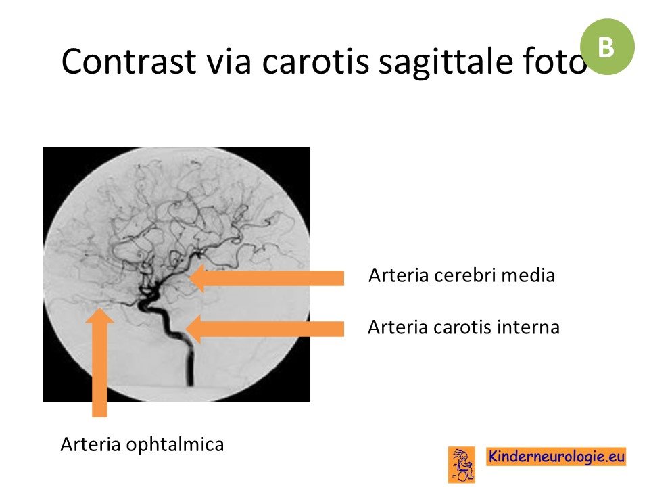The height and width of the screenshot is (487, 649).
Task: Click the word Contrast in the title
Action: pos(128,62)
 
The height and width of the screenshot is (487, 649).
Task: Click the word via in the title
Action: pos(229,62)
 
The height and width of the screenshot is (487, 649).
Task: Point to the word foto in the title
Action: pos(550,62)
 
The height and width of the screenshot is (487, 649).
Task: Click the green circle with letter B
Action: pos(607,47)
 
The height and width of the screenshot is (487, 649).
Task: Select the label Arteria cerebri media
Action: pos(462,275)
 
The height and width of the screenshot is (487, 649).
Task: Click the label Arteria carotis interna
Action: pos(464,327)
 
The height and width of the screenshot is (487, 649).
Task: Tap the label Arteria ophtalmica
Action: pos(142,445)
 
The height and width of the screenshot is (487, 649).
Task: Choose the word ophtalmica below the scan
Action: pos(174,445)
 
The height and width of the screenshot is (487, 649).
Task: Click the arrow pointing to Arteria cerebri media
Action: pos(267,278)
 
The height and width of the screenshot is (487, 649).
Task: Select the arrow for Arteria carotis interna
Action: pos(265,329)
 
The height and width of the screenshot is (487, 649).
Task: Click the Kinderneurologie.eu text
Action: pos(556,457)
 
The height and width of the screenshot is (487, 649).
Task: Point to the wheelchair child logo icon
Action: pos(462,464)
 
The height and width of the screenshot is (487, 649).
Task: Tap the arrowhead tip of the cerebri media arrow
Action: pos(189,278)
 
